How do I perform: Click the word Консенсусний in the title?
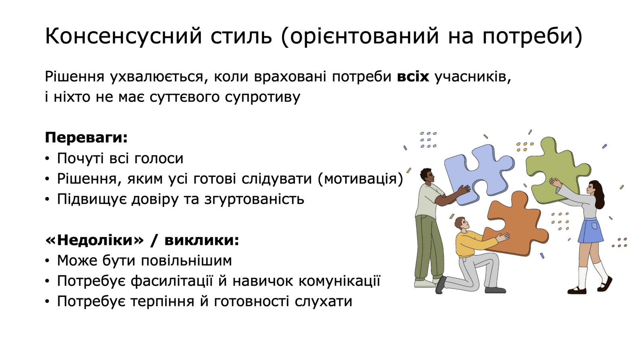(124, 36)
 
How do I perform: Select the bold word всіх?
(413, 77)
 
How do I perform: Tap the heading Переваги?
(86, 137)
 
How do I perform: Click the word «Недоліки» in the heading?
(94, 240)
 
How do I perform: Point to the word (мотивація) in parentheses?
(361, 179)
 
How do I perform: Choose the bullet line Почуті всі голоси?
(120, 158)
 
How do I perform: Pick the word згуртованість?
(254, 199)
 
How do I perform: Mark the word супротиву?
(262, 97)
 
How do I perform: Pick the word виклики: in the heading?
(202, 240)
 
